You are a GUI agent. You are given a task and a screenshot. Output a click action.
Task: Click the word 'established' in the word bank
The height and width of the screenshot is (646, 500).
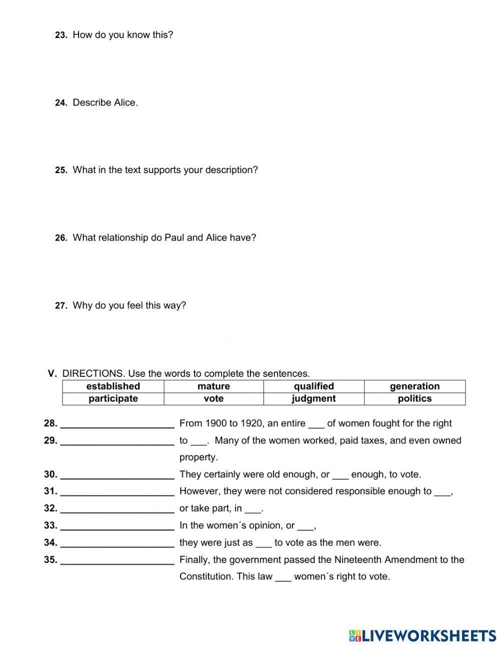[113, 386]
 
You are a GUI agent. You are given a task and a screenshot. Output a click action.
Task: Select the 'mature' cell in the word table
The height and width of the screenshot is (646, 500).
[213, 386]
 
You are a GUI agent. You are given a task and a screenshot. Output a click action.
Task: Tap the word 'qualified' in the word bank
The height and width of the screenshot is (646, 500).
[313, 386]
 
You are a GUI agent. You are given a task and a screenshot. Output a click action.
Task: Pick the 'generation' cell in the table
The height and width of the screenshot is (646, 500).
[414, 386]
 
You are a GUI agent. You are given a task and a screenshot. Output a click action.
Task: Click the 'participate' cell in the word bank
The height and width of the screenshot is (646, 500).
[113, 399]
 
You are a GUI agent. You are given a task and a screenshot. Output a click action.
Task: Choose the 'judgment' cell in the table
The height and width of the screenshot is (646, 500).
[313, 399]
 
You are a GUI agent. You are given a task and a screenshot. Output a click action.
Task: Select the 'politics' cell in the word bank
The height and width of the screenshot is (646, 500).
[414, 399]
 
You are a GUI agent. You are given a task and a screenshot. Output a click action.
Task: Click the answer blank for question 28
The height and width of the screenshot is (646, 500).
[117, 424]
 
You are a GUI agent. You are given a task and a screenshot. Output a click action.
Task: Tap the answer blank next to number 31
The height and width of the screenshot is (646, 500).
[117, 492]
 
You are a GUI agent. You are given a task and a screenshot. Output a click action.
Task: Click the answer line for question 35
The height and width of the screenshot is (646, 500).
[117, 560]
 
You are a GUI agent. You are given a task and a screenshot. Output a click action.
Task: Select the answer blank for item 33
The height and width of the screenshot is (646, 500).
[117, 526]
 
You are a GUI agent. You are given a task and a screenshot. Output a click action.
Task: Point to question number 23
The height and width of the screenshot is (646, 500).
[60, 36]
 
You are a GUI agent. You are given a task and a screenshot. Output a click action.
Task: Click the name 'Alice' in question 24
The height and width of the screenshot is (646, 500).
[125, 103]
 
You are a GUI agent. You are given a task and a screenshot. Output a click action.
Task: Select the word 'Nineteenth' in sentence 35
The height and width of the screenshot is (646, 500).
[357, 559]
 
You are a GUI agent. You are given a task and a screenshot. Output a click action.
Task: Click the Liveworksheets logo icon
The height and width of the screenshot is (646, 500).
[355, 635]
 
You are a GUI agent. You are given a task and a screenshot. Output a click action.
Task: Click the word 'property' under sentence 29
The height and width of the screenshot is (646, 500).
[198, 457]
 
